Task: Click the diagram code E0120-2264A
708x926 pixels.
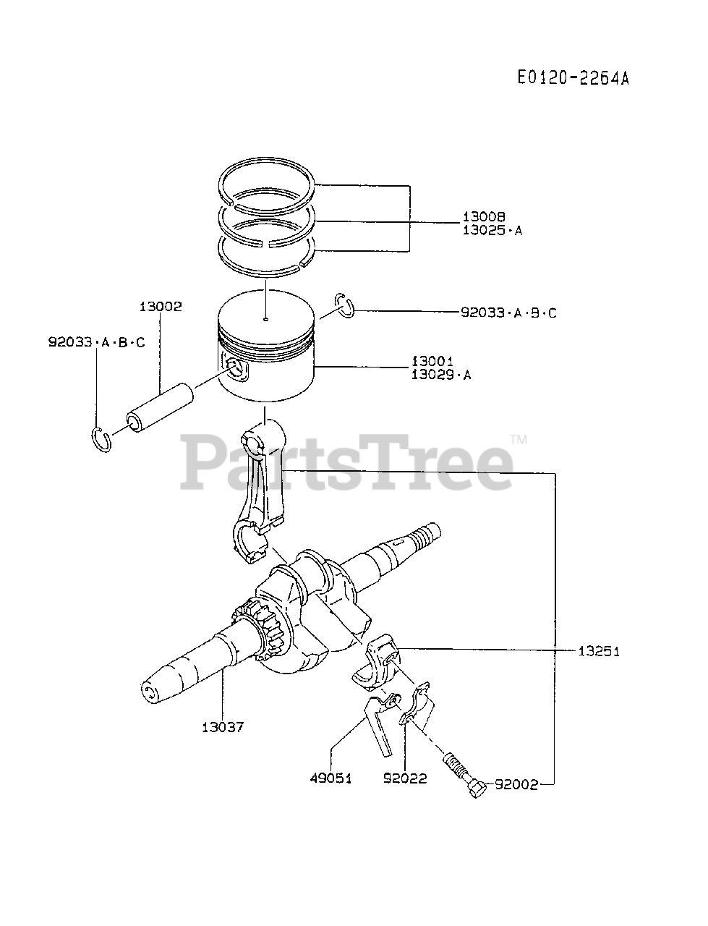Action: tap(573, 78)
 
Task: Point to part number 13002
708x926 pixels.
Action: tap(161, 306)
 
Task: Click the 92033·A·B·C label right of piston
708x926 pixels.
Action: tap(508, 313)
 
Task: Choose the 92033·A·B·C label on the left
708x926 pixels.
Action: tap(97, 341)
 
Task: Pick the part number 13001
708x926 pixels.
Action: tap(432, 360)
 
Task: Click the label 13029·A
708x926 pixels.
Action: tap(440, 375)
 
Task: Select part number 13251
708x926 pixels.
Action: tap(599, 651)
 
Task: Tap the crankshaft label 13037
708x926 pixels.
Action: tap(222, 727)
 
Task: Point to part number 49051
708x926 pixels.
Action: tap(330, 778)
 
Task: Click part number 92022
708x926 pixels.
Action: tap(405, 778)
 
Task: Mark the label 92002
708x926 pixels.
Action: tap(516, 785)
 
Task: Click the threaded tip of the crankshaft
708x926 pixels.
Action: tap(423, 536)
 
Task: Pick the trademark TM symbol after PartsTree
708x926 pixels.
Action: tap(519, 439)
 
